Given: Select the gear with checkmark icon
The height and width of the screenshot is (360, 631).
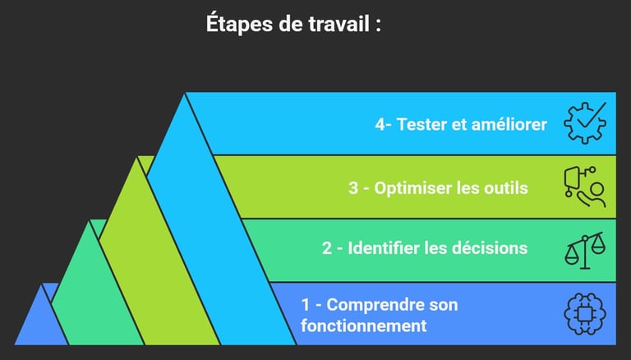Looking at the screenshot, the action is click(x=585, y=123).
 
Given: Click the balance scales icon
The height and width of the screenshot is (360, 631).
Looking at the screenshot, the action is click(x=584, y=250).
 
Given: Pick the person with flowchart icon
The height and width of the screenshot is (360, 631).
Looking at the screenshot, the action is click(x=584, y=187).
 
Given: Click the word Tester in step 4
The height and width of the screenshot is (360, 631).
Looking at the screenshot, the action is click(x=421, y=125).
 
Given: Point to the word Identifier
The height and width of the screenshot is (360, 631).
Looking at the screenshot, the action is click(x=386, y=247).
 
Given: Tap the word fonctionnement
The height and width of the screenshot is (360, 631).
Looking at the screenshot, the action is click(x=364, y=325).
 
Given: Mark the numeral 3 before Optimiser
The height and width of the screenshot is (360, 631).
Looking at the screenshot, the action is click(x=353, y=188).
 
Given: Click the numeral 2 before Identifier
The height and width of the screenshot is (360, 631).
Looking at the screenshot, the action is click(x=327, y=247).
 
